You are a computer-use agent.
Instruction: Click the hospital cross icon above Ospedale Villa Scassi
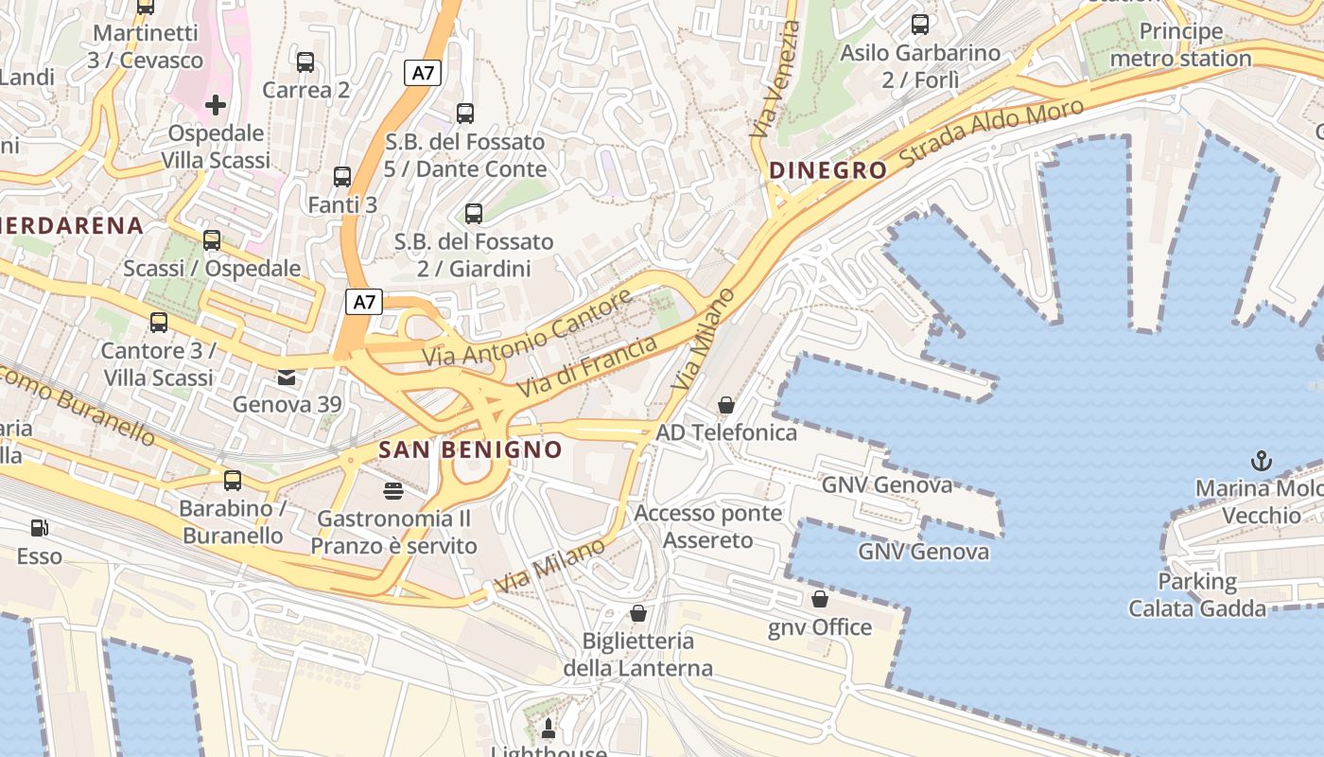click(x=216, y=105)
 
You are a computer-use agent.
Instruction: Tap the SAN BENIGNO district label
click(x=470, y=449)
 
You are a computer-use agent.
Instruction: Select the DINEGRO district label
click(x=828, y=170)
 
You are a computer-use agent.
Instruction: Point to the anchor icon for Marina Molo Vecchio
click(x=1261, y=461)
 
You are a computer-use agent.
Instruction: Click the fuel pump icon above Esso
click(x=39, y=528)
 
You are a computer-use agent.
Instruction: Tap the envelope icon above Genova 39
click(x=286, y=378)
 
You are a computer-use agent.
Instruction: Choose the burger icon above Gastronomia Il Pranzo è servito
click(x=393, y=491)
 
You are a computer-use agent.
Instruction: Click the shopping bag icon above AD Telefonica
click(x=725, y=405)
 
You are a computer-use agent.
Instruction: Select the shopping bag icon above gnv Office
click(x=820, y=599)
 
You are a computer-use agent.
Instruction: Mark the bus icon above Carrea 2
click(x=305, y=62)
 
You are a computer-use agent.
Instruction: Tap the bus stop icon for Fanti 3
click(x=342, y=177)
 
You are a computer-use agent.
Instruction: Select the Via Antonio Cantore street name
click(x=527, y=330)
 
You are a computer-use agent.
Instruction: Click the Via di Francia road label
click(x=586, y=366)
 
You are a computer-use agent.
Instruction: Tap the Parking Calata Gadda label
click(x=1196, y=594)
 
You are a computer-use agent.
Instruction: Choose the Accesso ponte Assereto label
click(x=708, y=527)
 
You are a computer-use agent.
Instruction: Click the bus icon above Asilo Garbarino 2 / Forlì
click(x=919, y=25)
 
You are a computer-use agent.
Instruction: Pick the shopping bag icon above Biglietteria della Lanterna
click(x=638, y=613)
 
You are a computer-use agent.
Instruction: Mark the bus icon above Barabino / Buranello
click(x=233, y=481)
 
